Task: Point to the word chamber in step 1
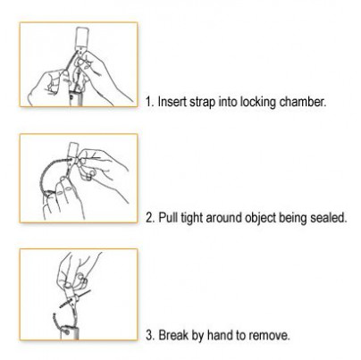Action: click(303, 102)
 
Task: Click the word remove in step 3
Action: click(269, 336)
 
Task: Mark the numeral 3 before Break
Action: click(149, 335)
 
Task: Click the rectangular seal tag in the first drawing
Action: click(81, 38)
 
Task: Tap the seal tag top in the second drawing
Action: click(72, 147)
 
